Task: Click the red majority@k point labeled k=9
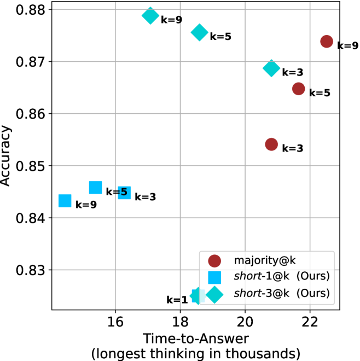tap(327, 42)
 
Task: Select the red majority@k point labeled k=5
tap(298, 89)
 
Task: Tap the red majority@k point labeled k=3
tap(271, 144)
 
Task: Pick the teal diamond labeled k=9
tap(150, 15)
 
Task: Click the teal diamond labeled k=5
tap(199, 32)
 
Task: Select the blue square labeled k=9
tap(65, 201)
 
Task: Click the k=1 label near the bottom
tap(177, 300)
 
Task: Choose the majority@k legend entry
tap(257, 262)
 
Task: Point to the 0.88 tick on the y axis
tap(33, 10)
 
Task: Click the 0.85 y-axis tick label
tap(33, 166)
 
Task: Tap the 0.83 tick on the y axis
tap(33, 270)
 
